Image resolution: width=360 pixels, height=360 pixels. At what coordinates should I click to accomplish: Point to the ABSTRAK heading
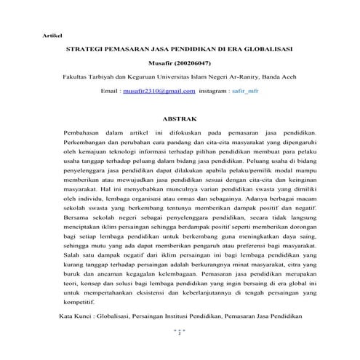pos(180,119)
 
